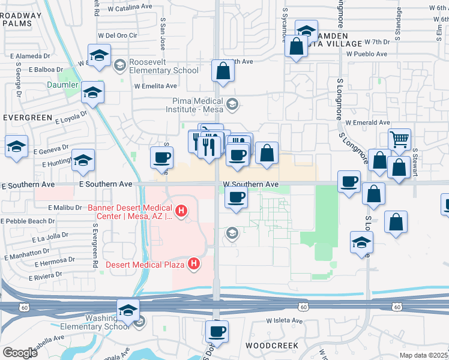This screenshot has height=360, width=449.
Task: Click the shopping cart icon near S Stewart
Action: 399,139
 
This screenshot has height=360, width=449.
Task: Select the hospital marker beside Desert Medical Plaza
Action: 193,263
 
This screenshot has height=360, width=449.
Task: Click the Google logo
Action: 20,352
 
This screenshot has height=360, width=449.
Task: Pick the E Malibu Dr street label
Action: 64,208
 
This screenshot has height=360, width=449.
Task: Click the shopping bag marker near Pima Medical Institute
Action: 223,71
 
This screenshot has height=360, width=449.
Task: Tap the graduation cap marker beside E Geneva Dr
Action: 16,146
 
